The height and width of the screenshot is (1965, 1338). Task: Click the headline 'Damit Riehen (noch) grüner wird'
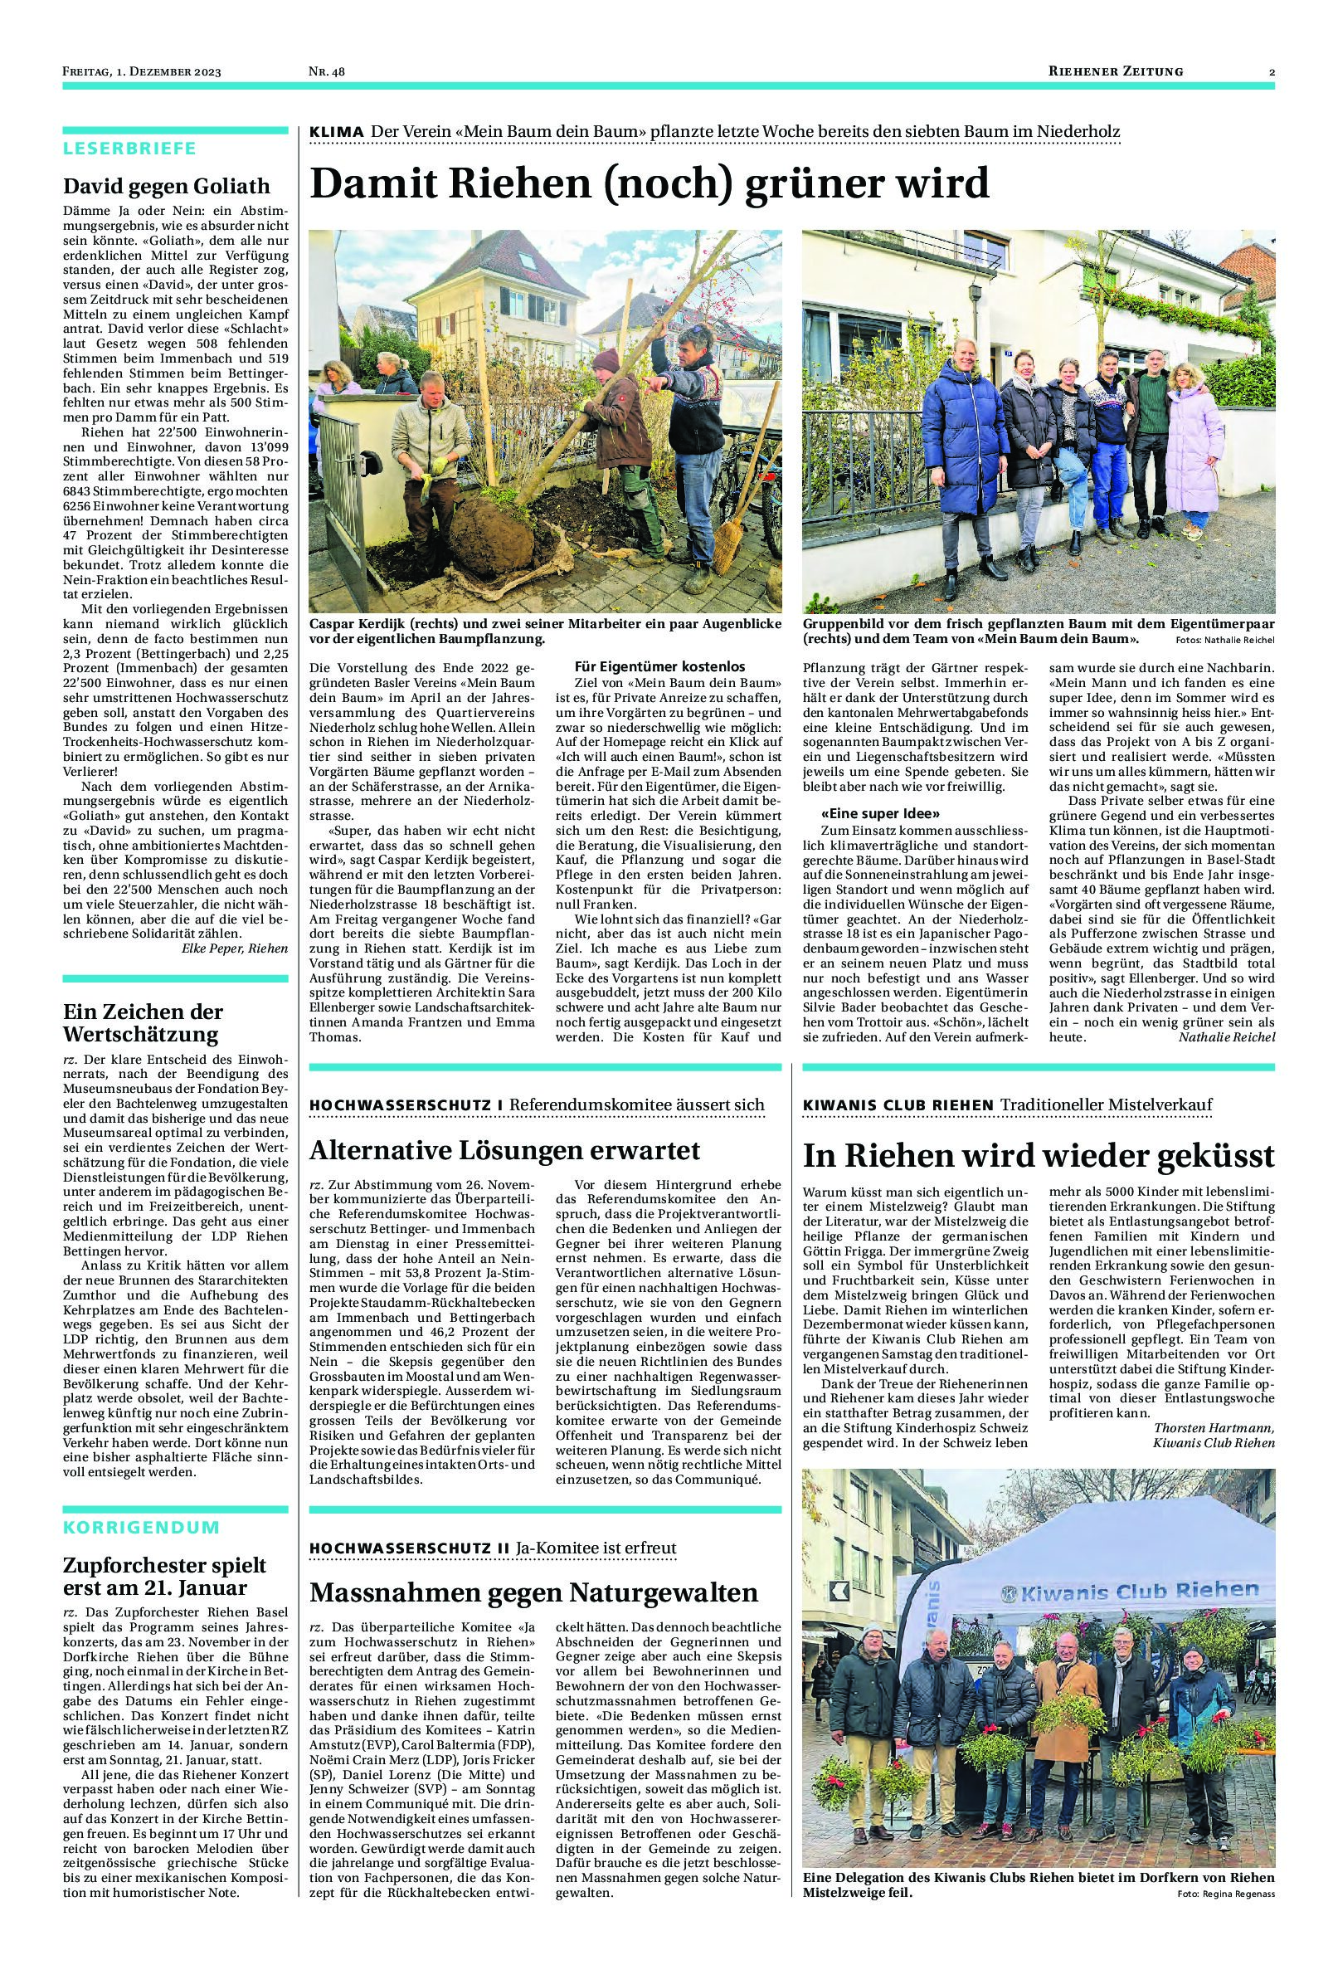coord(650,183)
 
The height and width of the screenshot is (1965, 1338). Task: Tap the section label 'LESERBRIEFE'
coord(129,149)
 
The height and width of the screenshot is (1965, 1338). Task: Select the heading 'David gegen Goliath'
coord(167,186)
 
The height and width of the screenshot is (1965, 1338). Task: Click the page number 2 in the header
coord(1272,72)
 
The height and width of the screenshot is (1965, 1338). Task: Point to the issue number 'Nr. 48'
coord(326,72)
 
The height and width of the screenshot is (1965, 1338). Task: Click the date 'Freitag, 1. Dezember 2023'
coord(141,72)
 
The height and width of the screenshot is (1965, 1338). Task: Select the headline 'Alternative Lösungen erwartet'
coord(504,1150)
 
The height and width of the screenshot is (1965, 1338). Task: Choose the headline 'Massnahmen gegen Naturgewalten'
coord(533,1593)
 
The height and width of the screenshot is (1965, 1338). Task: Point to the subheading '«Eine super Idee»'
coord(882,813)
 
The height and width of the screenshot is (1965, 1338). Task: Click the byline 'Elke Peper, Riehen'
coord(234,948)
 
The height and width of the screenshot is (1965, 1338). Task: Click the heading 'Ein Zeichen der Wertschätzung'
coord(142,1023)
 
